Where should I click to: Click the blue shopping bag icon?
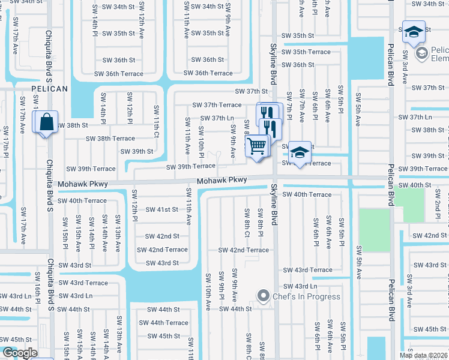pos(47,122)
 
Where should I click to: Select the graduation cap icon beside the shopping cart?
pos(298,152)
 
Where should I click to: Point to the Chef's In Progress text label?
pos(306,296)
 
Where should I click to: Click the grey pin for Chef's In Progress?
pos(262,296)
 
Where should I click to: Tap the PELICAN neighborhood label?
pos(49,88)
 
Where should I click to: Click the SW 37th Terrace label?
pos(217,105)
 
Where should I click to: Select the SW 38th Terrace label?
pos(110,139)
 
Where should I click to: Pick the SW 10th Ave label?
pos(208,292)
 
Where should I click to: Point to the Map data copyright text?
pos(423,355)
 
